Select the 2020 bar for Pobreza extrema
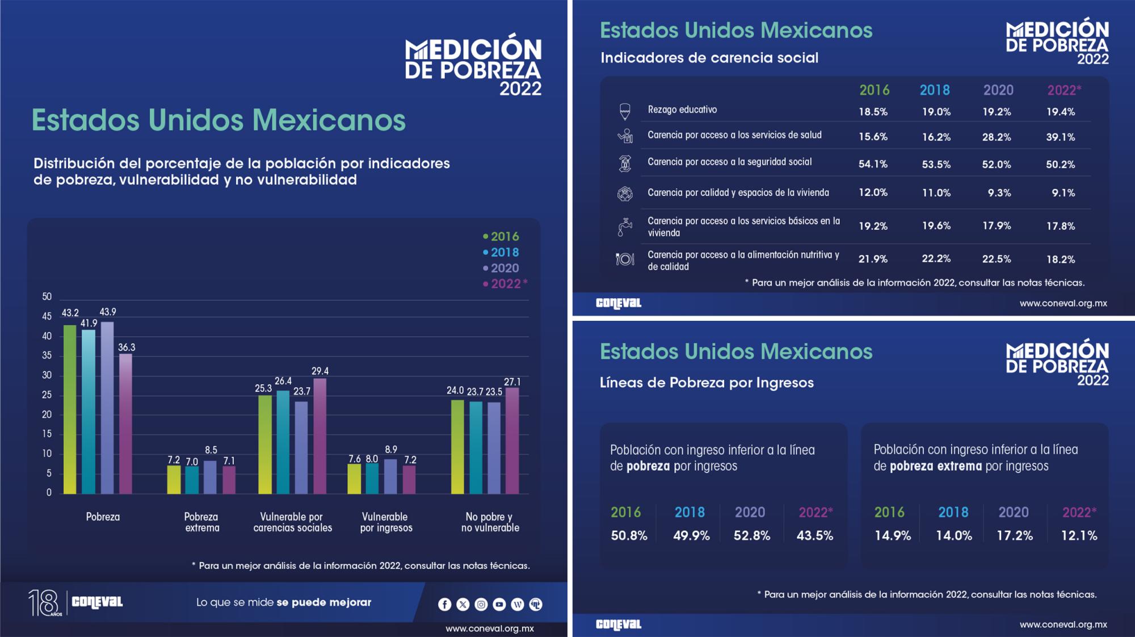pyautogui.click(x=210, y=477)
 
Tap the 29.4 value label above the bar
pyautogui.click(x=320, y=371)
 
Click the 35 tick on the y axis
pyautogui.click(x=47, y=355)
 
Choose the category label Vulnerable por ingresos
pyautogui.click(x=386, y=522)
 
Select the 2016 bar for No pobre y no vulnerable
pyautogui.click(x=457, y=447)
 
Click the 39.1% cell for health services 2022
pyautogui.click(x=1061, y=137)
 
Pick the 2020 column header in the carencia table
pyautogui.click(x=998, y=90)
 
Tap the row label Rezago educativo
pyautogui.click(x=682, y=110)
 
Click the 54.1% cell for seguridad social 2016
pyautogui.click(x=873, y=164)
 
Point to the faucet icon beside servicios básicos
pyautogui.click(x=624, y=227)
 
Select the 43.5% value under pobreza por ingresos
pyautogui.click(x=815, y=535)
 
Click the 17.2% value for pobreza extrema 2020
pyautogui.click(x=1015, y=535)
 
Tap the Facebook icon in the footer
pyautogui.click(x=445, y=605)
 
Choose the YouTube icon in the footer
pyautogui.click(x=499, y=605)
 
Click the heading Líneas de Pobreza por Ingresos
pyautogui.click(x=707, y=383)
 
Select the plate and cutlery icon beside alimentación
pyautogui.click(x=625, y=259)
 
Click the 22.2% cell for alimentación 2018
pyautogui.click(x=936, y=259)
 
